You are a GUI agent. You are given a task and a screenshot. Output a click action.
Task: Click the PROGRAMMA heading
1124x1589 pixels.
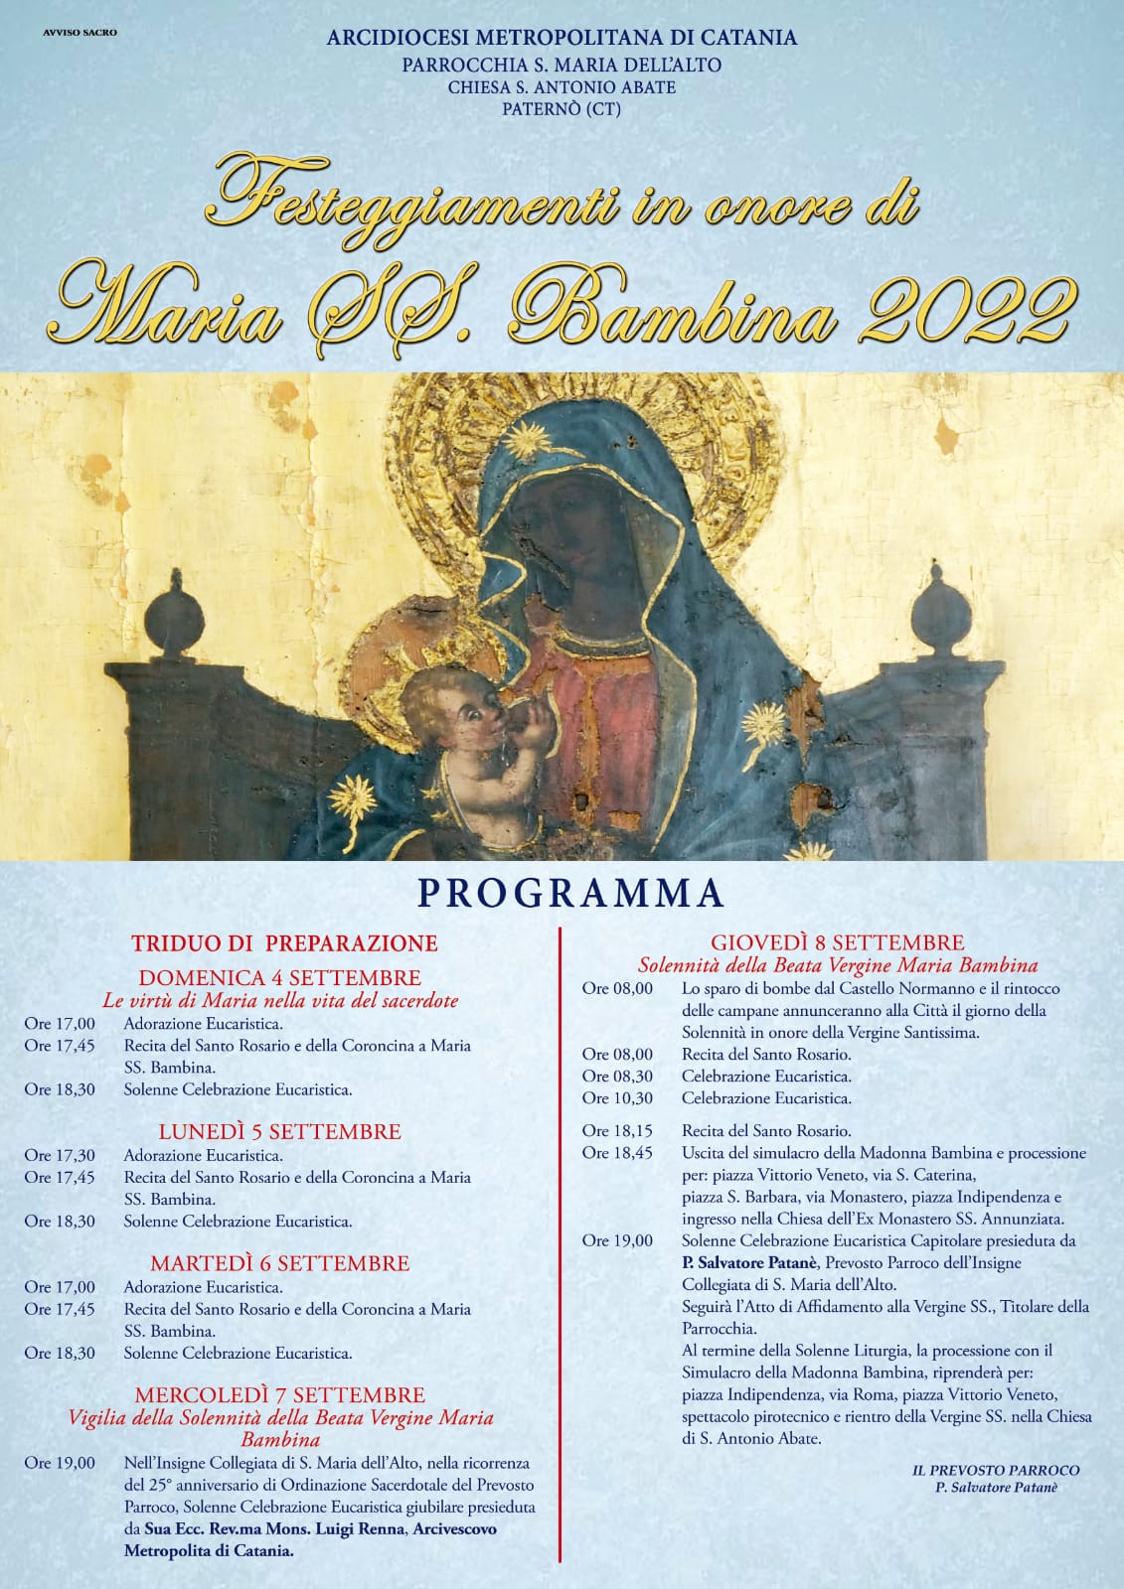[x=570, y=894]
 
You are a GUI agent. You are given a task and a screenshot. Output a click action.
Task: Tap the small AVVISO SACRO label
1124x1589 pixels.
[x=80, y=33]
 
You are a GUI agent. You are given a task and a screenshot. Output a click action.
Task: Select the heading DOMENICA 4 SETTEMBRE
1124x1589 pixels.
[x=279, y=977]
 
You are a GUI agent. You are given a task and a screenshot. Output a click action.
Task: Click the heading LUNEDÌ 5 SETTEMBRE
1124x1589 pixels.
[x=279, y=1131]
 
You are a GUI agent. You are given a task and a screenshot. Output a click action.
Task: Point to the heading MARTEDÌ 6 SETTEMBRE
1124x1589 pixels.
[x=279, y=1263]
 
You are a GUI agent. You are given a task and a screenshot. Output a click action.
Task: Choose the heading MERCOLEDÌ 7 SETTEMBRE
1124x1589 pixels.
[x=279, y=1395]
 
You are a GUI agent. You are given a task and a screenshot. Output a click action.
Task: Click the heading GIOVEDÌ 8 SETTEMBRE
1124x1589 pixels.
[x=837, y=942]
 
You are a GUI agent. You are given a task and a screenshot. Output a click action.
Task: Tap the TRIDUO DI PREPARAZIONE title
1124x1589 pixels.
[x=285, y=942]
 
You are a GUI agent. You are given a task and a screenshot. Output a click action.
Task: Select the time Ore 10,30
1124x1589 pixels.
[x=617, y=1098]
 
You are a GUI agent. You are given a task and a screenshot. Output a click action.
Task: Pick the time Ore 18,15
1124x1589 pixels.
[x=617, y=1131]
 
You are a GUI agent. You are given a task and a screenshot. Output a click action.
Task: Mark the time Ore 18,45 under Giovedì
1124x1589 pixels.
[x=617, y=1153]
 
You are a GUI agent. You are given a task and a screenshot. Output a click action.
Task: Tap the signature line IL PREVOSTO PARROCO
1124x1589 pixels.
[x=995, y=1470]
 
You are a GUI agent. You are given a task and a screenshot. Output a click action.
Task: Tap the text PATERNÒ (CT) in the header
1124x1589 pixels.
[x=562, y=109]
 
